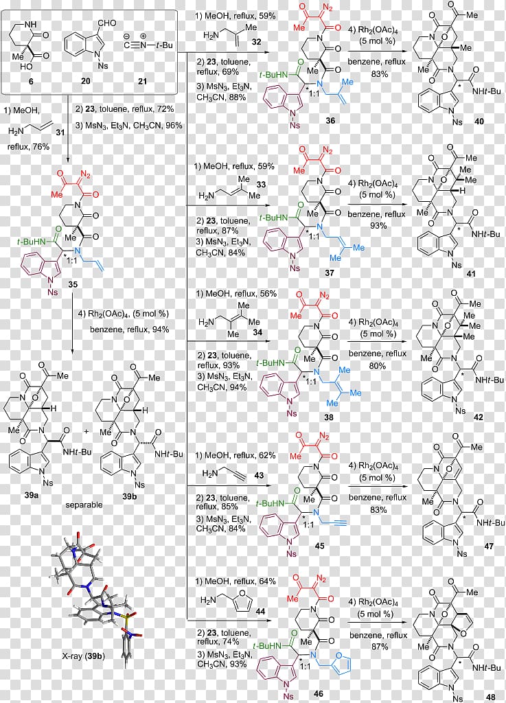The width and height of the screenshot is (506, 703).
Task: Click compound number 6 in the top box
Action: coord(31,82)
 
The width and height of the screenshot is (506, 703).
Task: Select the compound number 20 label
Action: coord(86,81)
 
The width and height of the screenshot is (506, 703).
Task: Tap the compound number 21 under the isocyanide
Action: coord(143,81)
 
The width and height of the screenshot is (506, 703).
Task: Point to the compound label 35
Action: coord(73,284)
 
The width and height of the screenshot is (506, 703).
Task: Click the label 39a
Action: coord(32,496)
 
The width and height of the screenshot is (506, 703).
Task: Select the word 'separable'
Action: coord(84,505)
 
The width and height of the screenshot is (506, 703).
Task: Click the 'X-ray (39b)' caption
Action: coord(83,656)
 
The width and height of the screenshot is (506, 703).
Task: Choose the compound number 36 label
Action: coord(330,120)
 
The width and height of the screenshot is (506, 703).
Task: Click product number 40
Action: coord(479,121)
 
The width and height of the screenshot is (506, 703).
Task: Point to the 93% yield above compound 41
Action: coord(378,225)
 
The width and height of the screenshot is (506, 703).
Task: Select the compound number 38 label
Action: coord(328,417)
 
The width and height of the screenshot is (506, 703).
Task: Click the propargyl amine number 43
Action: coord(259,475)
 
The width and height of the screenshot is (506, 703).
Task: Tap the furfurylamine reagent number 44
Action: coord(260,611)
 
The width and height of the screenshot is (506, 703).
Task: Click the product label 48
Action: coord(491,696)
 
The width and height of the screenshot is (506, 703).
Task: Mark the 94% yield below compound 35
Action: coord(161,330)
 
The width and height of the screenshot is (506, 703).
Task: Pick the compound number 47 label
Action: coord(489,546)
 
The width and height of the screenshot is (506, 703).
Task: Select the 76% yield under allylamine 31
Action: coord(41,147)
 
